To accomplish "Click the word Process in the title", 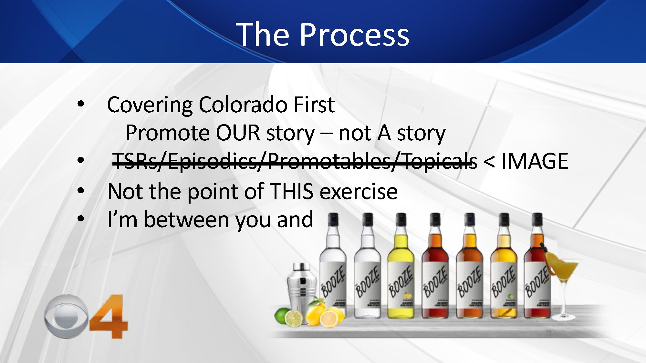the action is [x=354, y=35].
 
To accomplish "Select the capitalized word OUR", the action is [x=238, y=133].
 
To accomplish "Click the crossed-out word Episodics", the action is [x=212, y=161].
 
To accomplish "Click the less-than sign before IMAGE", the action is [x=489, y=162].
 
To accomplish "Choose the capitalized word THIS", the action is [x=291, y=191].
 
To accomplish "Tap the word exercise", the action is [x=359, y=191].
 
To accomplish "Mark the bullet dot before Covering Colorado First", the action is [x=81, y=104].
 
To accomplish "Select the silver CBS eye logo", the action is [x=66, y=316].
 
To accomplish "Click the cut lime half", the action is [x=294, y=318].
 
